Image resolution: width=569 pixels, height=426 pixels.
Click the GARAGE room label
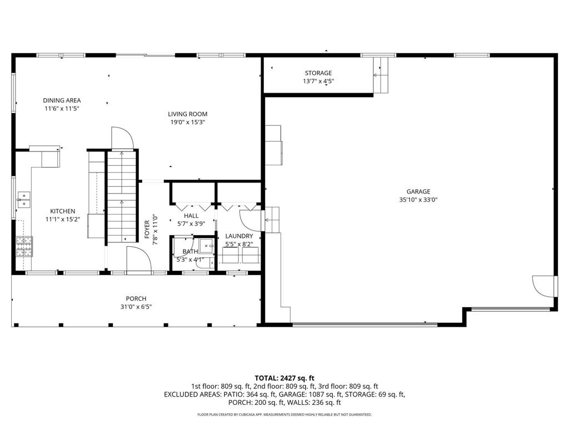click(x=418, y=191)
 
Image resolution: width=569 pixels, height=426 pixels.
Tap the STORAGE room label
click(x=318, y=73)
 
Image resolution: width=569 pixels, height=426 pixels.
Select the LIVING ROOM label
click(x=188, y=114)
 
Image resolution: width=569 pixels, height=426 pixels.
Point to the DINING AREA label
click(x=62, y=100)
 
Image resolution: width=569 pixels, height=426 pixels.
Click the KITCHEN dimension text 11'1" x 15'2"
click(x=63, y=219)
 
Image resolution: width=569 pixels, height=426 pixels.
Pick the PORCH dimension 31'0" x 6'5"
click(x=136, y=307)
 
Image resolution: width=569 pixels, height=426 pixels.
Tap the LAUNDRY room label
click(x=239, y=236)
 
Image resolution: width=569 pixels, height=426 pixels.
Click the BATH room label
click(x=190, y=251)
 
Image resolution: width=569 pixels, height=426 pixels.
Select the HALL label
click(x=191, y=216)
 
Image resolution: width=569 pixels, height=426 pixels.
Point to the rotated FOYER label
click(x=147, y=229)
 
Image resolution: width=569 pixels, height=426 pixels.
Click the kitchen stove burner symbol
click(x=24, y=246)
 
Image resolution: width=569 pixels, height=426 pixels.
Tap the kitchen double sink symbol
click(x=24, y=200)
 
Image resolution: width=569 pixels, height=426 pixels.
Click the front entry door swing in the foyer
click(x=138, y=258)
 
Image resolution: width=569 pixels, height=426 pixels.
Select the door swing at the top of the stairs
click(x=122, y=138)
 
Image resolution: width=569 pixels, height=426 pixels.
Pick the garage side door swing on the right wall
click(x=543, y=287)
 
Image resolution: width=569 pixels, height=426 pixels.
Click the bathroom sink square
click(x=207, y=246)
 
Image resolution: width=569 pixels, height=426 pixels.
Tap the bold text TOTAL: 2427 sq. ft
click(x=284, y=378)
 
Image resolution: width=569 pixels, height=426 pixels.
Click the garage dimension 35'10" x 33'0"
click(x=418, y=200)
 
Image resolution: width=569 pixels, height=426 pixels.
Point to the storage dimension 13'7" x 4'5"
click(x=318, y=81)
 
